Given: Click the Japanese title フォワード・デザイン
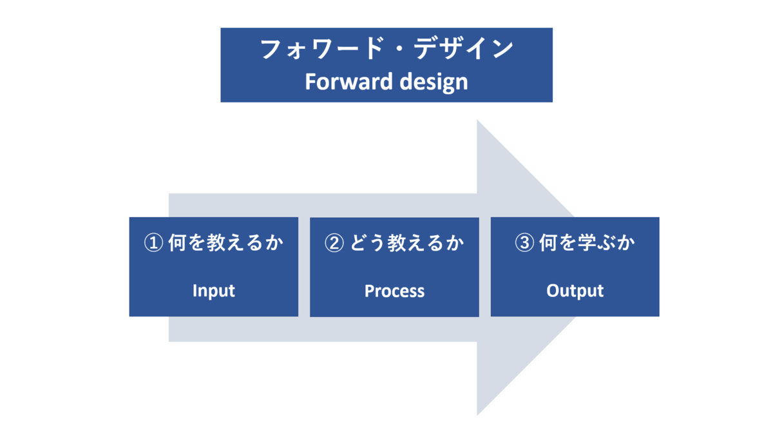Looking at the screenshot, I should (386, 50).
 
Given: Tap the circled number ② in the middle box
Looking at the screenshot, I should (334, 244).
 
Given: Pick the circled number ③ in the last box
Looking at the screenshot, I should (524, 244).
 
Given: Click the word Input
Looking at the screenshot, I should (214, 291).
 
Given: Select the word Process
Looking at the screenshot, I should (394, 291).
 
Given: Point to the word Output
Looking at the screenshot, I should (575, 291).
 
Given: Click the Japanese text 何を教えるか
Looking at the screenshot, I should (225, 244).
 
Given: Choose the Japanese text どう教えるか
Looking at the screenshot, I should (406, 244).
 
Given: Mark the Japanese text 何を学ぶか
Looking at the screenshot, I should (587, 244).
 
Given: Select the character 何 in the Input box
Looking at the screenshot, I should (177, 244).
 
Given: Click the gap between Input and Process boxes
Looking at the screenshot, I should (304, 267).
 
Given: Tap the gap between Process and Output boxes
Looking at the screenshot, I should (484, 267).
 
